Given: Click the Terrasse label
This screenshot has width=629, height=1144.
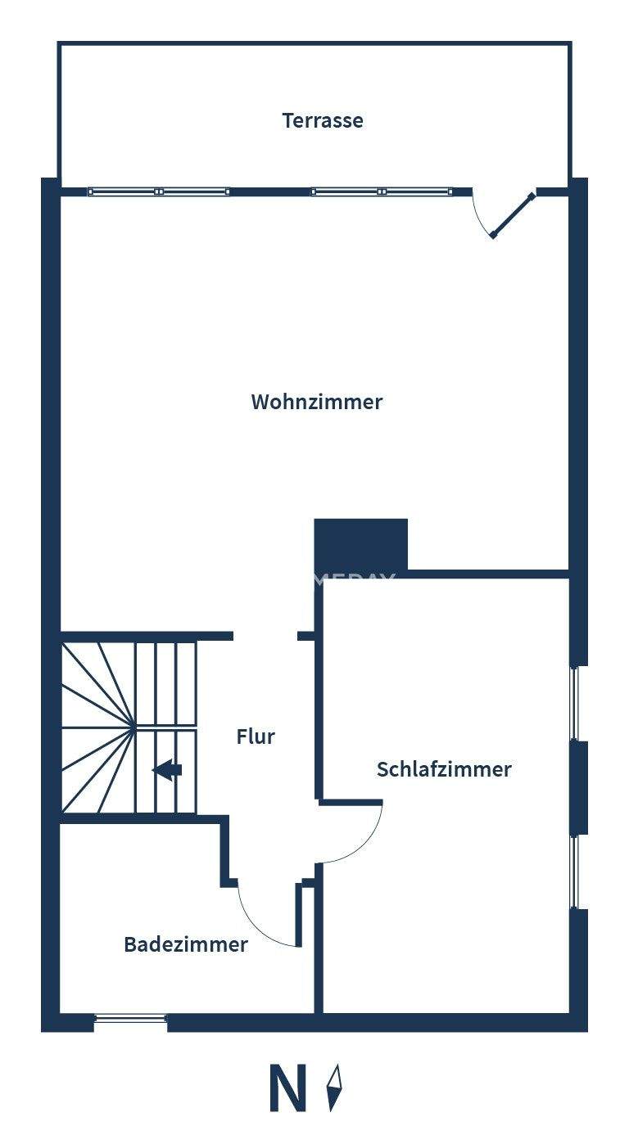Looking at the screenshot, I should [x=323, y=120].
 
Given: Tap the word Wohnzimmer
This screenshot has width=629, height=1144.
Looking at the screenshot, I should [x=316, y=402].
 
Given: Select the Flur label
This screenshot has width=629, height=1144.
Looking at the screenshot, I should [x=256, y=736].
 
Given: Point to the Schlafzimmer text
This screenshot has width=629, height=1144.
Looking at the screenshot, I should [x=444, y=769].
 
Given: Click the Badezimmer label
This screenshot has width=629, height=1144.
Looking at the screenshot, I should [x=186, y=944].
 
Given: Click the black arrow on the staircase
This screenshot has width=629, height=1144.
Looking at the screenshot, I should [x=168, y=769].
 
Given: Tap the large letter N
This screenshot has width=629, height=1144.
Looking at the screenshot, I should [x=287, y=1088].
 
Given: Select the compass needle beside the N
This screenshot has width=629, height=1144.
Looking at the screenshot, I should [x=334, y=1088].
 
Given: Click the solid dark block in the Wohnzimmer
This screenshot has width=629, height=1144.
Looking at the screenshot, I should [x=361, y=543].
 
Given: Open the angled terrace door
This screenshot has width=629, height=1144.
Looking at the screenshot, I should [x=513, y=215].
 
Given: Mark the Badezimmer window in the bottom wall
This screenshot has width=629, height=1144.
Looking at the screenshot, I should [x=131, y=1019].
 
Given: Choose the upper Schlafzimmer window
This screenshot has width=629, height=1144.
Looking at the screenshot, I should [x=575, y=703].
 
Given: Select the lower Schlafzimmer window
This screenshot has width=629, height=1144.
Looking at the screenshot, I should [x=575, y=872].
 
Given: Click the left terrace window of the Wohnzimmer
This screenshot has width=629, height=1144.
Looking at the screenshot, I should [x=159, y=191].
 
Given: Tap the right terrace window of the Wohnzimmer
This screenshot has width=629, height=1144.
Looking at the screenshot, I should [x=382, y=191].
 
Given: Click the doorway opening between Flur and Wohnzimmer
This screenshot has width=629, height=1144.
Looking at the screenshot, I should [x=265, y=636].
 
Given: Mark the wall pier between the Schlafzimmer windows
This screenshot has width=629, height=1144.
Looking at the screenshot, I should [x=578, y=788].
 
